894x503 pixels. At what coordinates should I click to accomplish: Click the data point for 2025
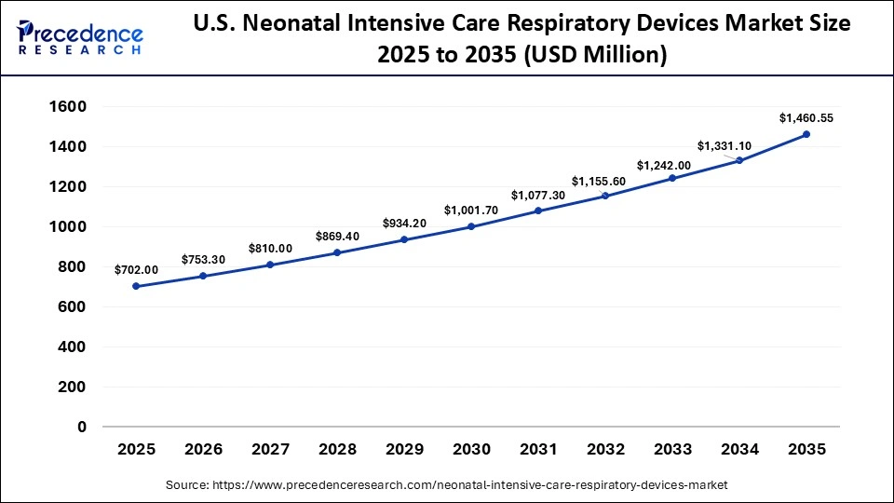coord(136,286)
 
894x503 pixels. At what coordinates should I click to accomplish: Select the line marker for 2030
coord(471,226)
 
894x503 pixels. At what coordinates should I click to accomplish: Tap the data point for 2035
coord(806,134)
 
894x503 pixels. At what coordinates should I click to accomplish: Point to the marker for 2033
coord(672,178)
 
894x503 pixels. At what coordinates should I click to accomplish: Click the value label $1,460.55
coord(806,118)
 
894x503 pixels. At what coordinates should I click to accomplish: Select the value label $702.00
coord(136,270)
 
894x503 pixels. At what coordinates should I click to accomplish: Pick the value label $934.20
coord(404,224)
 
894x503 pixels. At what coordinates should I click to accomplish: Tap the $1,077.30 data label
coord(538,196)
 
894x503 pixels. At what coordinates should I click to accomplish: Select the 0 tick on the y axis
coord(82,427)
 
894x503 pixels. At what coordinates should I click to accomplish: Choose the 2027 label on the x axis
coord(270,450)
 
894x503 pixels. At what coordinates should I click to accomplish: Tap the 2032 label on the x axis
coord(605,450)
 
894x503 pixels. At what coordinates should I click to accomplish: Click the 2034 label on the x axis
coord(739,450)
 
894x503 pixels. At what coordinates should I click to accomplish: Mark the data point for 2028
coord(337,252)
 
